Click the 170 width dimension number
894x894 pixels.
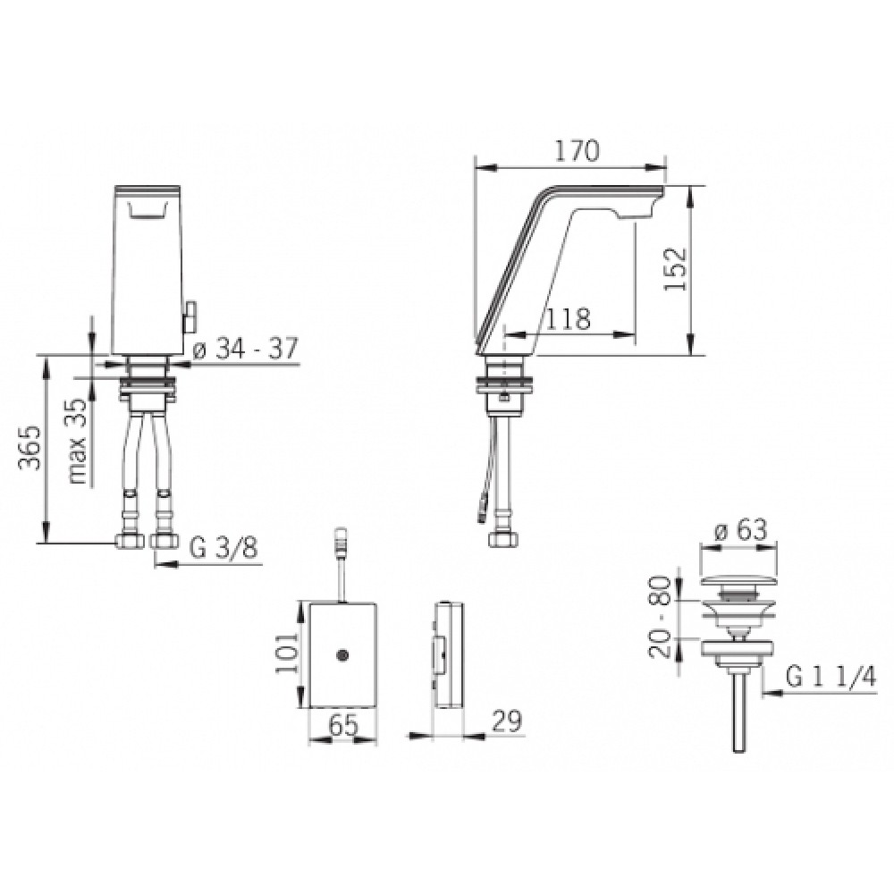[578, 151]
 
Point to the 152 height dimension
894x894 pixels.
[676, 268]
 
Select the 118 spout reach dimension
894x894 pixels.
[568, 319]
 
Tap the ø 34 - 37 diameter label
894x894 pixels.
[245, 349]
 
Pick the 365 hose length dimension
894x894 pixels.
[30, 448]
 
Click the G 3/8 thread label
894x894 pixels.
[223, 549]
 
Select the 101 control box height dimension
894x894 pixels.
[286, 653]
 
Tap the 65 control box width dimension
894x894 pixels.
[344, 726]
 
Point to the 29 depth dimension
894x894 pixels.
[506, 721]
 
